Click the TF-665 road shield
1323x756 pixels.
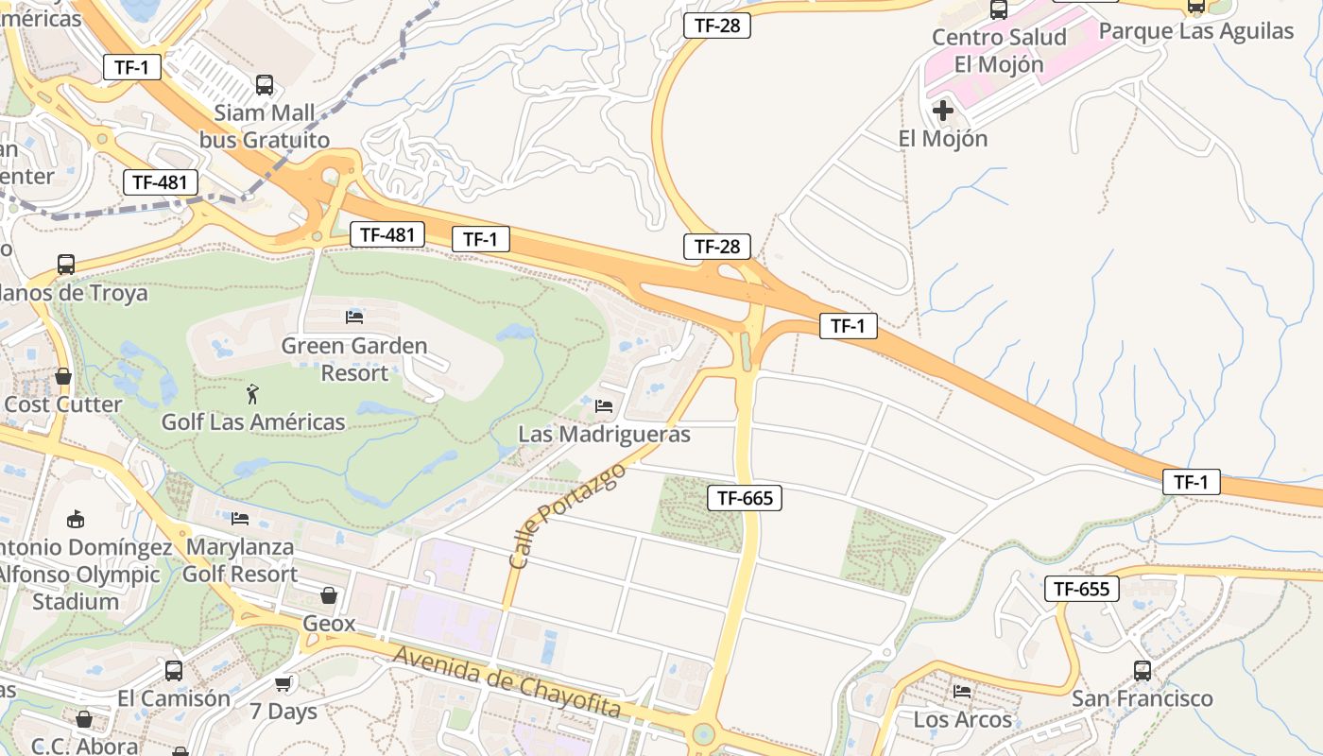point(745,498)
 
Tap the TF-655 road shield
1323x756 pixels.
point(1081,589)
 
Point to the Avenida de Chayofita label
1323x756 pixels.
point(507,682)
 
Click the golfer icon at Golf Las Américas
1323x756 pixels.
point(252,393)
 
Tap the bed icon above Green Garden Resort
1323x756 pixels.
point(354,318)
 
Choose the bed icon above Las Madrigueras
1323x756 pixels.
point(605,406)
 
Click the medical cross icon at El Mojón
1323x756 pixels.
point(942,111)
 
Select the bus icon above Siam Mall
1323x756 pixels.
point(265,85)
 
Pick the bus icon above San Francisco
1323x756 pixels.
point(1142,671)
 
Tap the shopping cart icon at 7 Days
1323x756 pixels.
point(283,683)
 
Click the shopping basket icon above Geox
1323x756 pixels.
point(329,595)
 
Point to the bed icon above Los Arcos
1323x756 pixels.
point(962,692)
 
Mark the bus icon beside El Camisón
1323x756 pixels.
point(174,671)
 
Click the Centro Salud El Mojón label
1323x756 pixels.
point(999,51)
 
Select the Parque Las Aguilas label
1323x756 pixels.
point(1195,31)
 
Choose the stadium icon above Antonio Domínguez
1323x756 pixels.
point(76,519)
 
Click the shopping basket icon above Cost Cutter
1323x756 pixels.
point(63,376)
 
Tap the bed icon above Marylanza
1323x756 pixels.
point(240,519)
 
